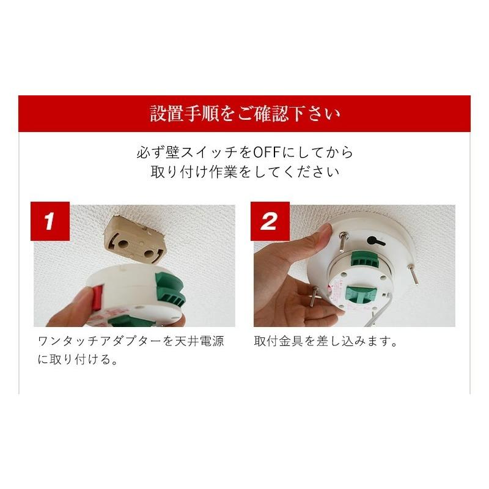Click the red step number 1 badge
click(x=50, y=221)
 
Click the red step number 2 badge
click(x=270, y=221)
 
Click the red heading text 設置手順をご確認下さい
click(x=245, y=114)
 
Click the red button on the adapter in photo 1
click(x=97, y=298)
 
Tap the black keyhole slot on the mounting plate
click(x=375, y=241)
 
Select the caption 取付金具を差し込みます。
click(x=326, y=341)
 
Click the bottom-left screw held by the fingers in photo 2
click(x=314, y=296)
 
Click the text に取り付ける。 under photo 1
click(x=78, y=359)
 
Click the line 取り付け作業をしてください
click(x=245, y=172)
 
